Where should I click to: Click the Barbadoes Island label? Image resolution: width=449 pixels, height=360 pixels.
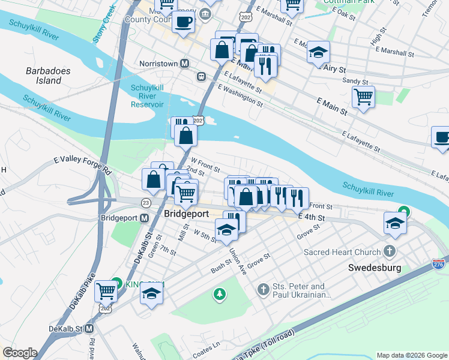(x=48, y=76)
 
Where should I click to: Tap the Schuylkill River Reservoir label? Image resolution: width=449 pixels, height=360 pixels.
(x=148, y=96)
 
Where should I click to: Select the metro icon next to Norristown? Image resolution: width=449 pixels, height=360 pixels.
(x=185, y=63)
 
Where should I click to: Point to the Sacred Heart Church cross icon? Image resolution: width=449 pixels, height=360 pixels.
(x=390, y=252)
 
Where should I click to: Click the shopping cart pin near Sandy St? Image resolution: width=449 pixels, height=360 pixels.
(x=363, y=96)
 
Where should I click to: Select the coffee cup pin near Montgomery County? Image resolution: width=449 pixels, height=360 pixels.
(x=183, y=22)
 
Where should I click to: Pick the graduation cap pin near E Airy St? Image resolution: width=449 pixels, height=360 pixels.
(x=319, y=52)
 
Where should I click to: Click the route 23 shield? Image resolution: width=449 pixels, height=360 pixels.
(x=145, y=203)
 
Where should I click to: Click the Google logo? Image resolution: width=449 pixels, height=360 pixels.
(x=20, y=353)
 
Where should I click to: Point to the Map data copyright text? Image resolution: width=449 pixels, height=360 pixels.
(x=412, y=355)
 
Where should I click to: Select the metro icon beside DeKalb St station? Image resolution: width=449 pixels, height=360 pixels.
(x=89, y=328)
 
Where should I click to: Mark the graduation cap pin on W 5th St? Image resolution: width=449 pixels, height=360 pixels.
(x=225, y=230)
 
